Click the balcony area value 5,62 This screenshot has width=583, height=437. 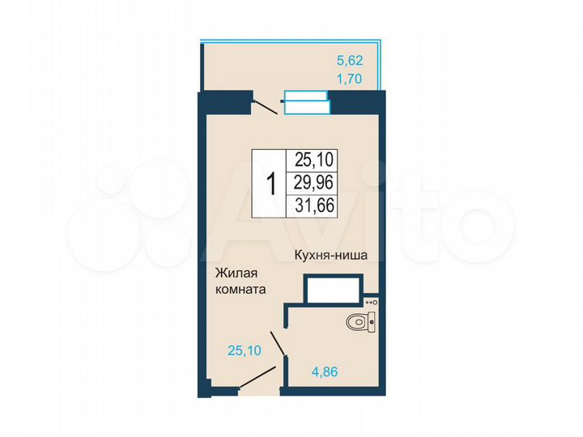tap(349, 59)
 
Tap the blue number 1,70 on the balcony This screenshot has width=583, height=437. tap(349, 79)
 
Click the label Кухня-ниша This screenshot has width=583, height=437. tap(330, 255)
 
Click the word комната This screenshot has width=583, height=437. tap(240, 288)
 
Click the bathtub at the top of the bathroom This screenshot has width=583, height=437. tap(333, 290)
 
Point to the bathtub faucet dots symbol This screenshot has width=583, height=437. tap(372, 302)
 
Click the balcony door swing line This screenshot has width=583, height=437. tap(265, 106)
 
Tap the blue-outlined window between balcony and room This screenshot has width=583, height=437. tap(306, 103)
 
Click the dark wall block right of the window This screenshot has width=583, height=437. tap(353, 103)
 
